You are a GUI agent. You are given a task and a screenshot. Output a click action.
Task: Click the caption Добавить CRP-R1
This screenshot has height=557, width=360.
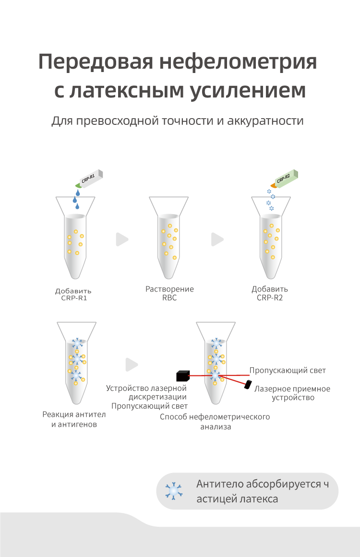click(73, 294)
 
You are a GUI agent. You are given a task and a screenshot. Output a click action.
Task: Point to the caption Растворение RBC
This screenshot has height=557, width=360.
click(169, 293)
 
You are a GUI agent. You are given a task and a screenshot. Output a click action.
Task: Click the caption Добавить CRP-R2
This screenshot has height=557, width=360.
click(270, 293)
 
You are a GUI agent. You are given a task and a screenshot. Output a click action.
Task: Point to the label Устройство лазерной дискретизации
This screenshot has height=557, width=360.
click(146, 392)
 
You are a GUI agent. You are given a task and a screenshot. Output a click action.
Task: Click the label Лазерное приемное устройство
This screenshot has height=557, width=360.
click(292, 393)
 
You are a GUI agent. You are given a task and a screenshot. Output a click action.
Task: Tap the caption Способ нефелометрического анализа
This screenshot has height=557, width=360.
click(215, 421)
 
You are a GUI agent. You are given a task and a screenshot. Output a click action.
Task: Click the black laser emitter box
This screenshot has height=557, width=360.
click(182, 374)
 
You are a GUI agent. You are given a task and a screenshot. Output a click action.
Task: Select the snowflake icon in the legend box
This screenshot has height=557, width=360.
click(174, 491)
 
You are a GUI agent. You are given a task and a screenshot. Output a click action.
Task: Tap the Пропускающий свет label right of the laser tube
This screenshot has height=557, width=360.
click(288, 371)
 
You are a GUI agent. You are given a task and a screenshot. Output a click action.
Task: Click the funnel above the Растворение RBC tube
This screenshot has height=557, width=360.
click(168, 205)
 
